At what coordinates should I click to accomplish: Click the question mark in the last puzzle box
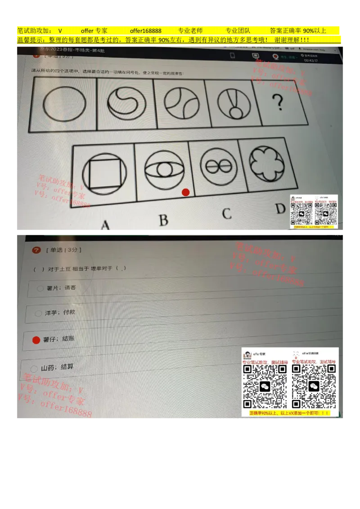(279, 103)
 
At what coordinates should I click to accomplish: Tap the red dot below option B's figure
(185, 192)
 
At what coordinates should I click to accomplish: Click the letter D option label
(280, 209)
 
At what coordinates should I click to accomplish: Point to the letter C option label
(227, 213)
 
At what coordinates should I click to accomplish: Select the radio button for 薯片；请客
(40, 288)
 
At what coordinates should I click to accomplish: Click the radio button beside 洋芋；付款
(38, 313)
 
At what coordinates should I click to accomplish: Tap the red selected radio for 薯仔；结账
(36, 340)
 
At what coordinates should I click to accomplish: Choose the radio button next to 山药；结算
(34, 369)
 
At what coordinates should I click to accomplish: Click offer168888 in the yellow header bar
(145, 31)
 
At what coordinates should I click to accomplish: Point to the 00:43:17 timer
(310, 60)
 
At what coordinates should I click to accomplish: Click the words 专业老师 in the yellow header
(190, 31)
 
